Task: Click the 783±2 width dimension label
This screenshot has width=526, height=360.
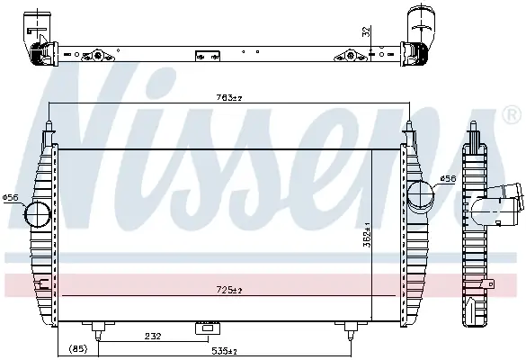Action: (x=229, y=98)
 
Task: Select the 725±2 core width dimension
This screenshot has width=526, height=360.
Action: (x=229, y=290)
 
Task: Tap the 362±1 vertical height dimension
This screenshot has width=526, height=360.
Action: (x=367, y=234)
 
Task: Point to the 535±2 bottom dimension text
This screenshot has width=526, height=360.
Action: (x=225, y=351)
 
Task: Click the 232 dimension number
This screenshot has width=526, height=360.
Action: (x=153, y=336)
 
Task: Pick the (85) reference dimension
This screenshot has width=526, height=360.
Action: (x=78, y=349)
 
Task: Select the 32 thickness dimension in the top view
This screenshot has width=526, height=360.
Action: (x=367, y=31)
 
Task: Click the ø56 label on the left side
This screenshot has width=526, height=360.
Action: (x=10, y=197)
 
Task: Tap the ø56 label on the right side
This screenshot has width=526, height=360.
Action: (x=448, y=179)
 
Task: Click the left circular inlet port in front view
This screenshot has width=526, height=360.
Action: (x=38, y=214)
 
